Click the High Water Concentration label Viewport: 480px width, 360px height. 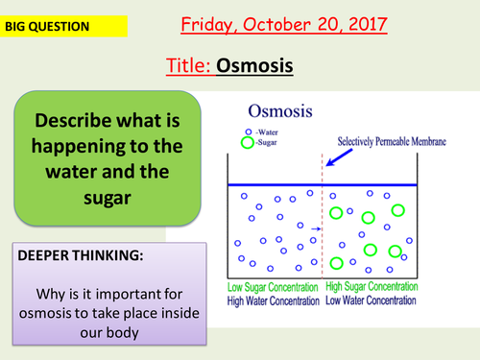(x=274, y=301)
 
